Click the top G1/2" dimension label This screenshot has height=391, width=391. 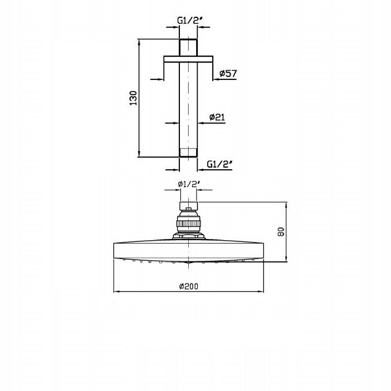click(x=188, y=21)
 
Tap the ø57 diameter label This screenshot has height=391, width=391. click(x=228, y=73)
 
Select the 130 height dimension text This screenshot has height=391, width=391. click(x=133, y=98)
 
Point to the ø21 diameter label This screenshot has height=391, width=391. click(x=217, y=117)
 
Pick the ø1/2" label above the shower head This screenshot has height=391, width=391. click(x=189, y=184)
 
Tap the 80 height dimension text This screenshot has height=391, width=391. click(x=280, y=232)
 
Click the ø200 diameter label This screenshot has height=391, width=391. click(x=189, y=286)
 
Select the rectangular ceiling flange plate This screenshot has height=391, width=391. click(x=188, y=59)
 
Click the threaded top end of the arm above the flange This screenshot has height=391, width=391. click(x=188, y=47)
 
